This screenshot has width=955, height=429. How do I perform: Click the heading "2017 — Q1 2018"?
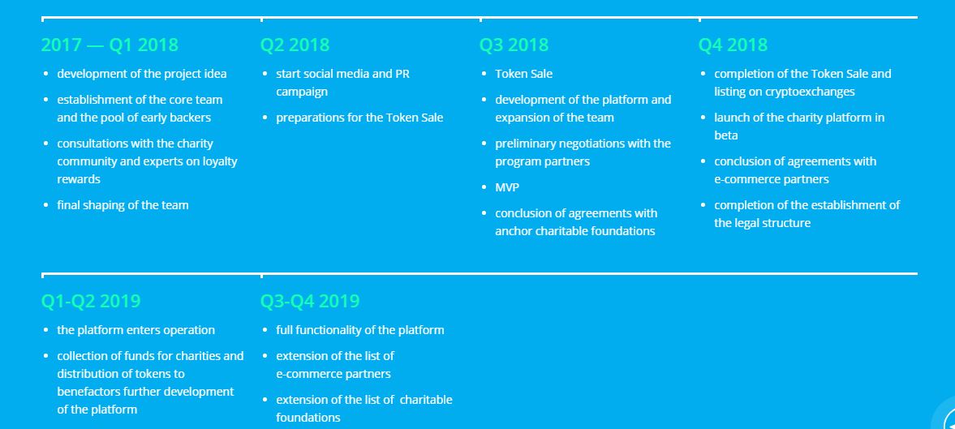110,45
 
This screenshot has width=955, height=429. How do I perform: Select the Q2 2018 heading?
295,45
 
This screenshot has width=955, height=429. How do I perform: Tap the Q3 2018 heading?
514,45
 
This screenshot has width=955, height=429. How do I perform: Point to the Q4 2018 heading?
733,45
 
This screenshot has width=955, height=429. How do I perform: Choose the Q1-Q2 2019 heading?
91,301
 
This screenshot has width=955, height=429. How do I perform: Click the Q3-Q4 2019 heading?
310,301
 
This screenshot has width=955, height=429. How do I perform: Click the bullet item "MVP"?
507,187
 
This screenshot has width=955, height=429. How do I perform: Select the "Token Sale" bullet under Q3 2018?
524,74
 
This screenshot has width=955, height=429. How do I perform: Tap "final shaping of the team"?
123,205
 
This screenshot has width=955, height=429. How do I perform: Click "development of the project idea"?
142,74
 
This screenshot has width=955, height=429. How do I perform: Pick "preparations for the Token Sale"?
359,118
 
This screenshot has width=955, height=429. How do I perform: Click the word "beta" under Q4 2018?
726,135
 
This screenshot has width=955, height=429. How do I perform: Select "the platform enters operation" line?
136,330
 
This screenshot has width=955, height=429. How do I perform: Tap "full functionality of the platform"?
360,330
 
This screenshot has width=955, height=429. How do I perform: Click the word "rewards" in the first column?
79,179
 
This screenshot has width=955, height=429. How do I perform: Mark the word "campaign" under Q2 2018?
302,92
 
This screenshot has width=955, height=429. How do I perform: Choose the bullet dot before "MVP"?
484,187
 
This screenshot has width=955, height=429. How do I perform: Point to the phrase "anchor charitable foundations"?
575,231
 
